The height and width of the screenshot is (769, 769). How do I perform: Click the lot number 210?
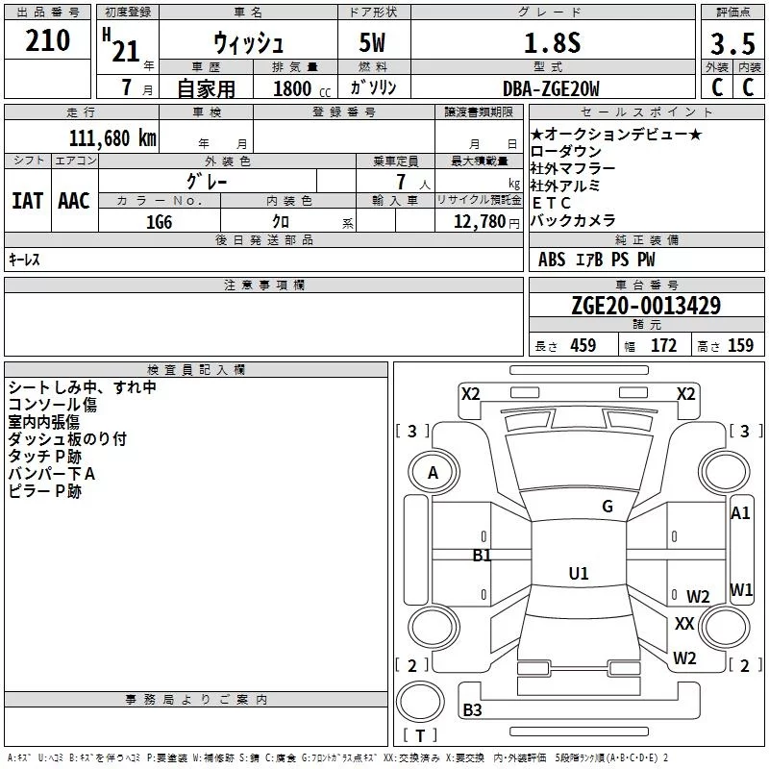[x=47, y=40]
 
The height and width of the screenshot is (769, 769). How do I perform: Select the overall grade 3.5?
[x=732, y=43]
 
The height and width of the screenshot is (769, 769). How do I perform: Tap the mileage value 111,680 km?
[x=112, y=138]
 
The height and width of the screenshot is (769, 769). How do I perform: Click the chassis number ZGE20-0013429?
[x=646, y=305]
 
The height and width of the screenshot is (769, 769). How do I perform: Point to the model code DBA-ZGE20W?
[x=551, y=88]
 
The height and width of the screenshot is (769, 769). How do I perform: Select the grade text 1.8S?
[x=552, y=42]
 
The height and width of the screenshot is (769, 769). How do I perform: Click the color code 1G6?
[x=160, y=222]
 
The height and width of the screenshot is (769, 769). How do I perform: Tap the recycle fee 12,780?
[x=479, y=222]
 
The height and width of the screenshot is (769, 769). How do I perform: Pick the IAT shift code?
[x=27, y=201]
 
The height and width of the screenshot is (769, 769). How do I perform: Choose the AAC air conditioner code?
[x=74, y=201]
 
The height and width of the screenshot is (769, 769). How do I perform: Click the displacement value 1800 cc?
[x=302, y=88]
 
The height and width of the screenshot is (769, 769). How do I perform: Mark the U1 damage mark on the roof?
[x=579, y=573]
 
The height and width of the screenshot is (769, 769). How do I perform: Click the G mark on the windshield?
[x=608, y=507]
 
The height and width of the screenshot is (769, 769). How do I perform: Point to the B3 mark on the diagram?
[x=472, y=709]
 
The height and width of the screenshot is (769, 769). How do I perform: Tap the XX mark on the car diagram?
[x=684, y=623]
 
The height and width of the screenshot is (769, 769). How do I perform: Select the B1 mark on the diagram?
[x=482, y=556]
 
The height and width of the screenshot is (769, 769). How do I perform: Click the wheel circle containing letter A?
[x=434, y=472]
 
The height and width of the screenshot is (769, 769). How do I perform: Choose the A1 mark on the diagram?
[x=740, y=513]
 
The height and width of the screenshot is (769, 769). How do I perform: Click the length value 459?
[x=583, y=345]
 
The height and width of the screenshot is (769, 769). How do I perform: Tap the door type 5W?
[x=372, y=42]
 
